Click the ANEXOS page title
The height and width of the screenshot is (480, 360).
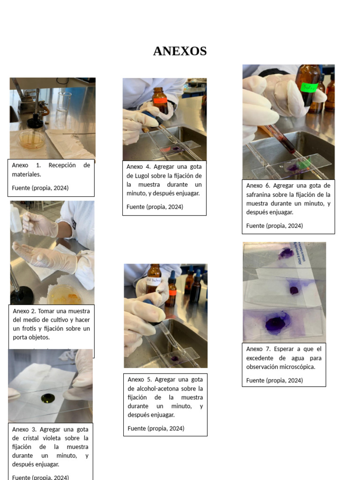(180, 51)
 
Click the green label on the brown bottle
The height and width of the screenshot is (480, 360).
(308, 87)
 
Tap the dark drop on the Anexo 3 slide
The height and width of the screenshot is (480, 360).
(47, 398)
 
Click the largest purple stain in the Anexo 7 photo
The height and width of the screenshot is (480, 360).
(277, 323)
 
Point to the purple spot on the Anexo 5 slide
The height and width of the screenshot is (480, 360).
(175, 359)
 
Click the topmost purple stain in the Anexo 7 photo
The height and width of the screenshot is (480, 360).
(285, 254)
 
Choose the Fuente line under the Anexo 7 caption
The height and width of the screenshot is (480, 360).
(274, 380)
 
